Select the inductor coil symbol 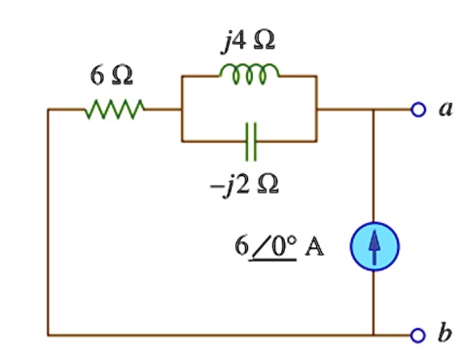click(249, 73)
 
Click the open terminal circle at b click(418, 336)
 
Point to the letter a click(446, 109)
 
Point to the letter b click(446, 334)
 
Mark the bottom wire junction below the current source click(375, 336)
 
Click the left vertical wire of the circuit click(48, 224)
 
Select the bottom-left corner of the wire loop click(48, 336)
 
